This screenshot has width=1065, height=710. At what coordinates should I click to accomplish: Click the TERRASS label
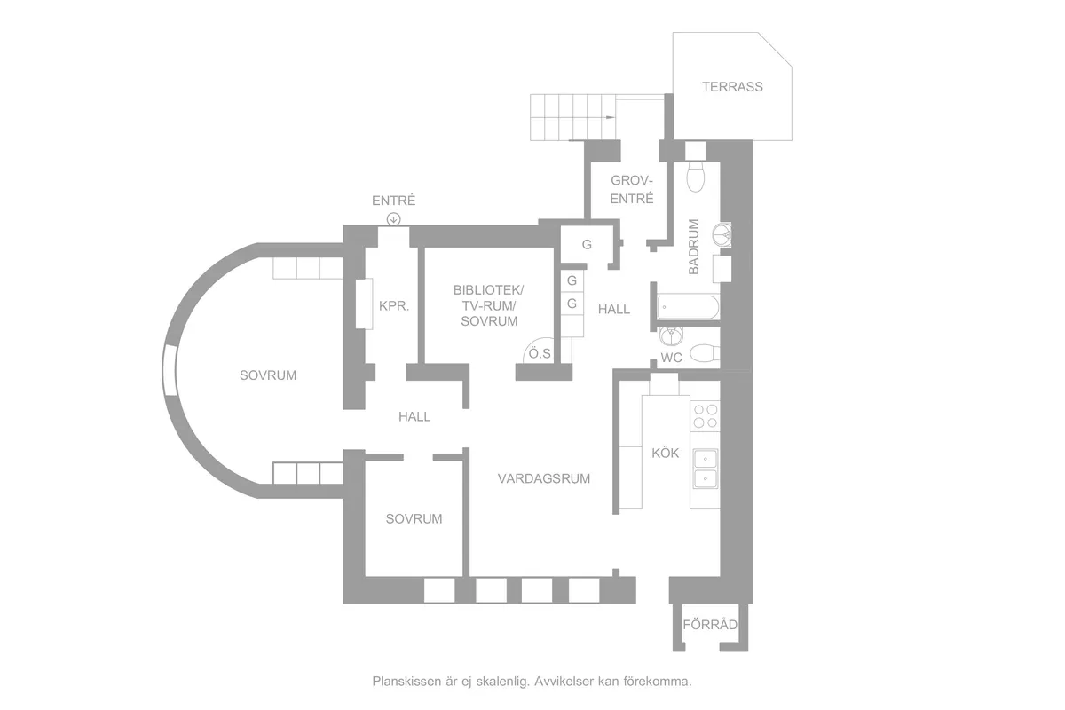[x=732, y=87]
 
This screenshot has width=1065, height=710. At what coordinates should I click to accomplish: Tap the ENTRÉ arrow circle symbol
[x=394, y=219]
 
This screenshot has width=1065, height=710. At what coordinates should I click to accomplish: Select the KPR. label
[x=394, y=306]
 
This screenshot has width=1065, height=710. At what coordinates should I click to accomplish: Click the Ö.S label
[x=540, y=353]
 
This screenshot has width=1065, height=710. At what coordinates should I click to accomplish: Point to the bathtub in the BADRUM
[x=688, y=307]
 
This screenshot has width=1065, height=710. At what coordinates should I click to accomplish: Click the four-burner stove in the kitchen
[x=706, y=416]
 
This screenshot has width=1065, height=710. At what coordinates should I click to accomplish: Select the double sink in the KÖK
[x=705, y=469]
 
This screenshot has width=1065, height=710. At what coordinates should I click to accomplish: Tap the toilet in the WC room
[x=704, y=353]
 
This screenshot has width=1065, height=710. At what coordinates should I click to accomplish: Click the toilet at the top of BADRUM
[x=696, y=177]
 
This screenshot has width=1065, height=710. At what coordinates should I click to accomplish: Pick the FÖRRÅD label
[x=710, y=625]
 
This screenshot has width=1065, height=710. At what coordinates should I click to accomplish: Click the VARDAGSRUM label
[x=544, y=478]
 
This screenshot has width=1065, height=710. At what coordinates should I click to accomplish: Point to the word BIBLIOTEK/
[x=488, y=289]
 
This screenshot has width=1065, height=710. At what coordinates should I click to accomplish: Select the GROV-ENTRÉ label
[x=632, y=189]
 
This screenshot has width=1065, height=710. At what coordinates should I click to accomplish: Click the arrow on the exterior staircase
[x=610, y=117]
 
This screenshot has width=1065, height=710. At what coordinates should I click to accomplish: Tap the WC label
[x=671, y=358]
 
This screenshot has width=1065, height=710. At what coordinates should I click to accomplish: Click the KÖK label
[x=665, y=454]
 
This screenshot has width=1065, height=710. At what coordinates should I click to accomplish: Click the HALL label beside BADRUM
[x=614, y=309]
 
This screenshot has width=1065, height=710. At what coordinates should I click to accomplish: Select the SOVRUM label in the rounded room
[x=268, y=375]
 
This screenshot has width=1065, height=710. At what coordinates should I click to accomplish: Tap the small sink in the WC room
[x=671, y=335]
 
